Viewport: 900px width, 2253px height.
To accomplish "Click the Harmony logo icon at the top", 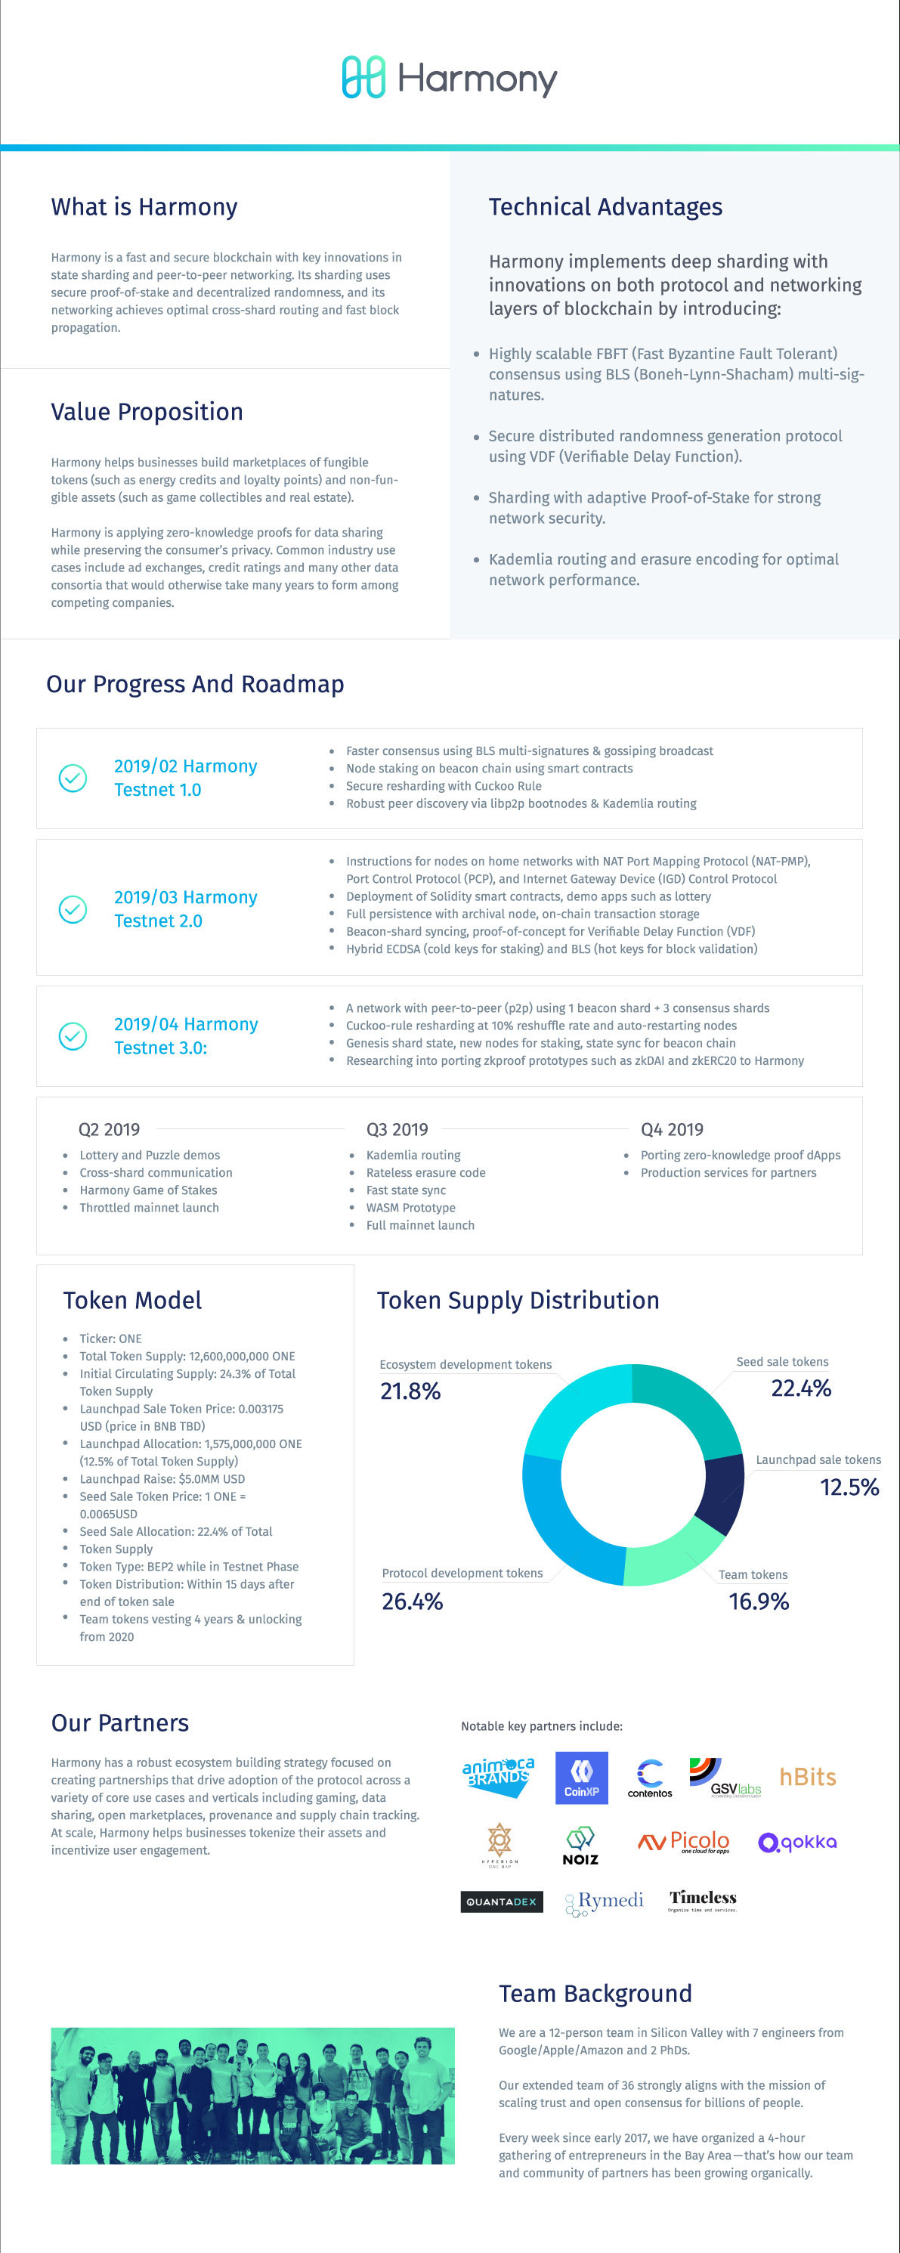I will click(363, 77).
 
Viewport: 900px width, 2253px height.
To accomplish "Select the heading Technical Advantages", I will click(605, 207).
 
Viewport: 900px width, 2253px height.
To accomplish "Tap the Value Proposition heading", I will click(147, 412).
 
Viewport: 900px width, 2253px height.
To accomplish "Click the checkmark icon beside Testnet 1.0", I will click(73, 778).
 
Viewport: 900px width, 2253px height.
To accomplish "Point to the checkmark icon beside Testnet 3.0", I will click(73, 1035).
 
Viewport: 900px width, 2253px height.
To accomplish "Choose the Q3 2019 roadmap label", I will click(397, 1129).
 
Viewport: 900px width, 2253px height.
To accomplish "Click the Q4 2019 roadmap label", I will click(672, 1129).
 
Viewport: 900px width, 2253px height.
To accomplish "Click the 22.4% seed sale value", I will click(800, 1388).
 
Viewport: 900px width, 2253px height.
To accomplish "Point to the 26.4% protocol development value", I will click(412, 1602).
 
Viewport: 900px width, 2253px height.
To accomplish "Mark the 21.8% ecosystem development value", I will click(410, 1391).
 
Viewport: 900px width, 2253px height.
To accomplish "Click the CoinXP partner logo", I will click(582, 1777).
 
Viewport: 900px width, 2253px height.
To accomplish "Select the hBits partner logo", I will click(807, 1776).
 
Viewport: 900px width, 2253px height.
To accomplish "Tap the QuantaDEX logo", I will click(501, 1902).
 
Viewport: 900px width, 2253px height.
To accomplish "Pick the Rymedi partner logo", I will click(605, 1902).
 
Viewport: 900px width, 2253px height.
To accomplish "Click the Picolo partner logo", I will click(684, 1841).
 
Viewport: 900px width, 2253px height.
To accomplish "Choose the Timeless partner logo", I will click(702, 1899).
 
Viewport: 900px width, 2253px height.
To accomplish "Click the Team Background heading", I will click(595, 1993).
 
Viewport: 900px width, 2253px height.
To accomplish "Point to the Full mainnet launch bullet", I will click(420, 1225).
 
